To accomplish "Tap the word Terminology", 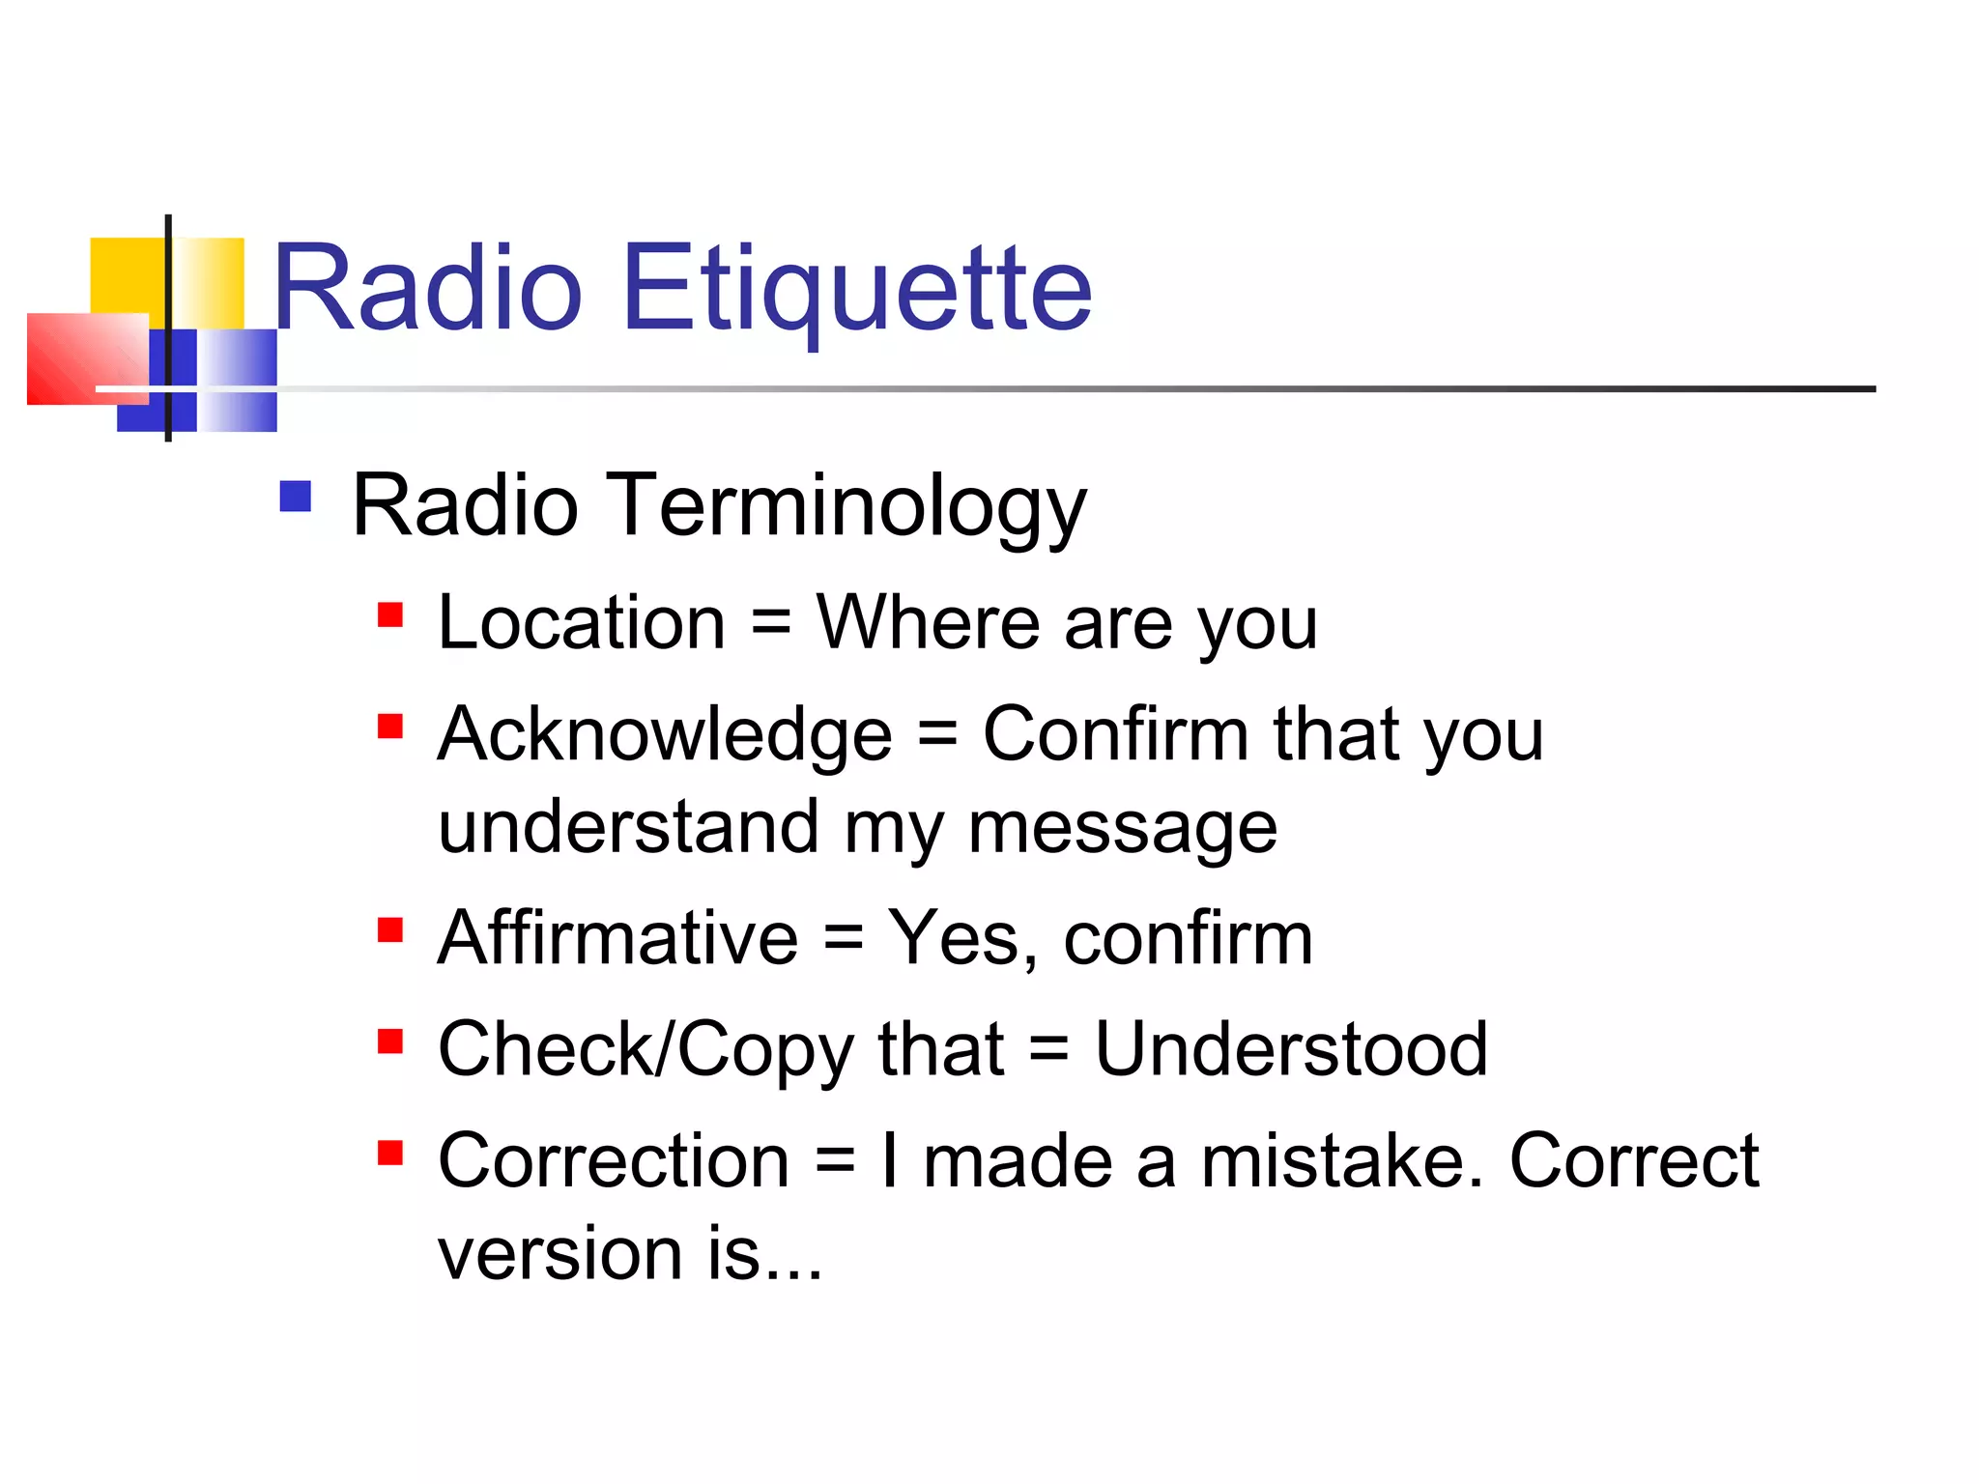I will click(x=849, y=506).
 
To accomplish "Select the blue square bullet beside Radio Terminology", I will click(x=295, y=497).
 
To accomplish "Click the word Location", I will click(x=581, y=623).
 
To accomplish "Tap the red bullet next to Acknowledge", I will click(x=389, y=726).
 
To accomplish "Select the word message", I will click(x=1122, y=829).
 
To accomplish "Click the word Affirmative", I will click(x=617, y=938).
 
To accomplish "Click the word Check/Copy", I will click(x=645, y=1051).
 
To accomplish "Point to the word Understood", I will click(x=1290, y=1049).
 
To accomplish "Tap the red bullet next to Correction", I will click(x=389, y=1153).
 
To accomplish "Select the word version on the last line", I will click(x=560, y=1254).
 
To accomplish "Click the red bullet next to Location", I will click(x=389, y=614).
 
